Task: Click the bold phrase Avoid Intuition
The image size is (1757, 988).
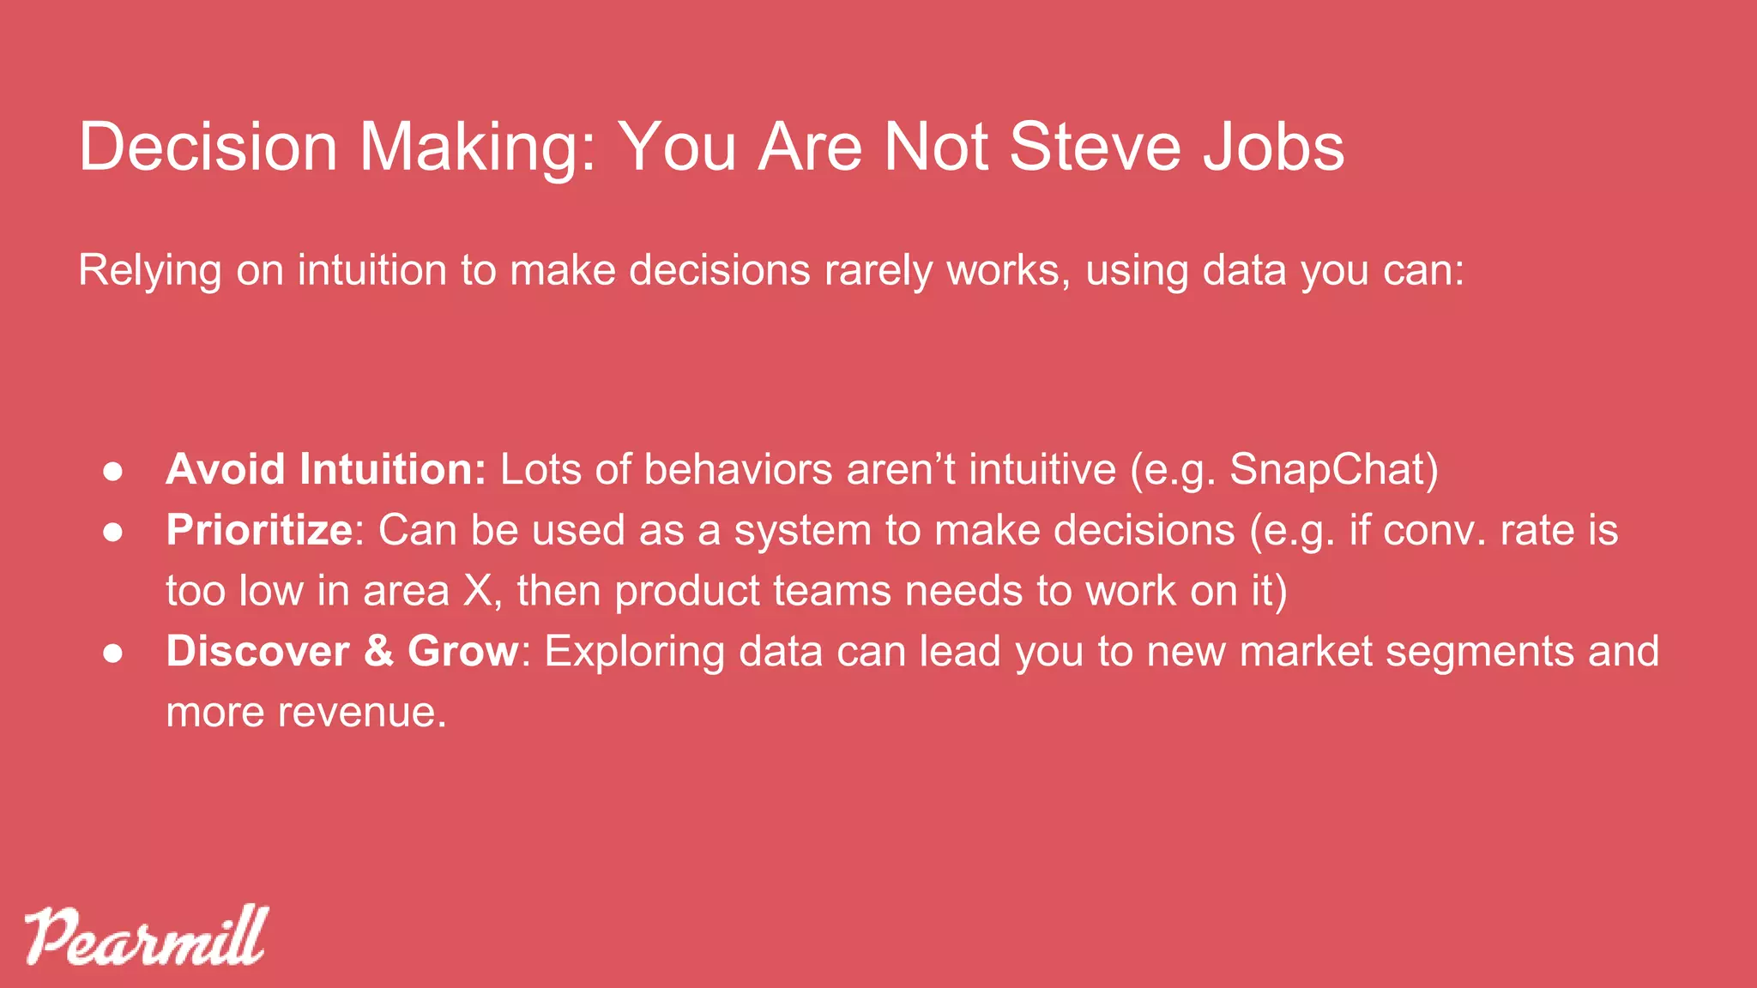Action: tap(326, 469)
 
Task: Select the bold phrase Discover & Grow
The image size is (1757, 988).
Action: tap(342, 651)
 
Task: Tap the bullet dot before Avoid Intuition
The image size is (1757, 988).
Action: tap(113, 471)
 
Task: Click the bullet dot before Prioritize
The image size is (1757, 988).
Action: tap(113, 532)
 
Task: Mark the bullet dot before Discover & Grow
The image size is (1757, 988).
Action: tap(113, 653)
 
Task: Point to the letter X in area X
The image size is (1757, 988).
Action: tap(477, 591)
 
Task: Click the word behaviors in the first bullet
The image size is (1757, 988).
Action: tap(739, 469)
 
